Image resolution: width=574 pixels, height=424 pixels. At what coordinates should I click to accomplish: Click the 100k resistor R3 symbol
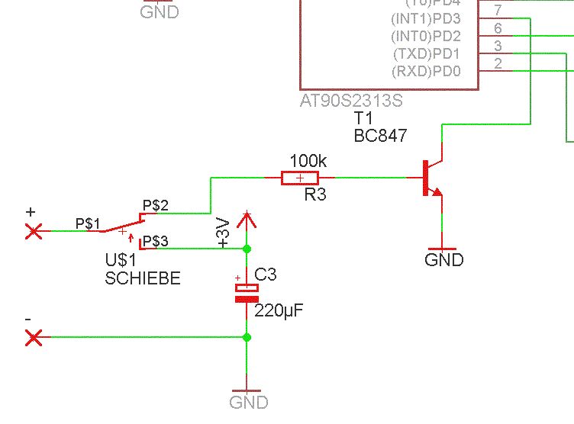pos(300,178)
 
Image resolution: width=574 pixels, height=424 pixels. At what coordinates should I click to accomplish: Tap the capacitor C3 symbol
pos(247,293)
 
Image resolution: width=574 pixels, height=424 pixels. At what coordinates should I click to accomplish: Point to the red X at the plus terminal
pos(34,230)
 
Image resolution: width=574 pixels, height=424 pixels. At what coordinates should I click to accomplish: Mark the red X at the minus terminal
pos(34,337)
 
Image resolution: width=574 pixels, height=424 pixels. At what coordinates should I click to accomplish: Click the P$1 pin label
pos(88,223)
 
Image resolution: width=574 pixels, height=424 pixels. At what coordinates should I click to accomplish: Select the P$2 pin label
pos(156,205)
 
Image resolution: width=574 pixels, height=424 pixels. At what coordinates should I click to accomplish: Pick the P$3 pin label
pos(156,241)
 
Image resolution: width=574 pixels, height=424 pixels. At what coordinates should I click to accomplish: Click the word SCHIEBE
pos(143,279)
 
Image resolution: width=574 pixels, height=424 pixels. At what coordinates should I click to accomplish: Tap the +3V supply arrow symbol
pos(246,221)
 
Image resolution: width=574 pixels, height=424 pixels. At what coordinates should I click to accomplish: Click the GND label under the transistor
pos(443,260)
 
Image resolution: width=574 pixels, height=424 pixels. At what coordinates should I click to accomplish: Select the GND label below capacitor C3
pos(249,402)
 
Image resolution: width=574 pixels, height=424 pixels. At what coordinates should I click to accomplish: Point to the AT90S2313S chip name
pos(352,101)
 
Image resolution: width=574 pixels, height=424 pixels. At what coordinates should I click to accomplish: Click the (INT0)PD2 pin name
pos(426,37)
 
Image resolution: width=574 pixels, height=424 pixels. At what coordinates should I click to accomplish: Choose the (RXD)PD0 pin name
pos(426,72)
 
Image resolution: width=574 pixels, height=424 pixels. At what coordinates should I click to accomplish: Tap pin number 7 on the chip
pos(498,11)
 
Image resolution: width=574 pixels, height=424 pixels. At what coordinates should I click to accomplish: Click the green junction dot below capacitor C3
pos(247,337)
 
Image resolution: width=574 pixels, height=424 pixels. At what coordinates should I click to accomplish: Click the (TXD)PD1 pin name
pos(426,55)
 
